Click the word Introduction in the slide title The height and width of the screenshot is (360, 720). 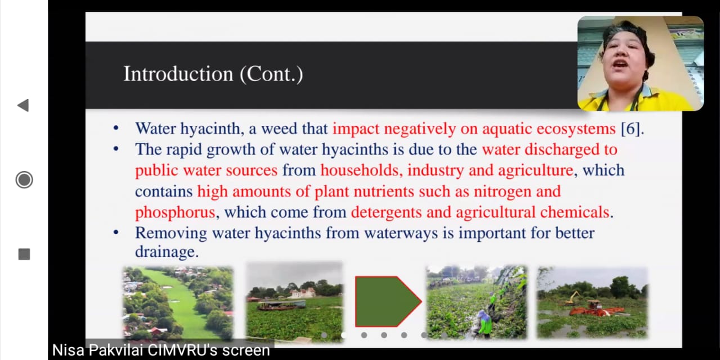pos(178,74)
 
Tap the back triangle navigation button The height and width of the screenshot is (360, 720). pos(23,105)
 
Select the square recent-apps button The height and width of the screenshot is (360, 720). pos(24,254)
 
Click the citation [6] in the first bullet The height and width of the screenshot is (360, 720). pos(631,129)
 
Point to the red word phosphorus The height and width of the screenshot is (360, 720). pos(175,213)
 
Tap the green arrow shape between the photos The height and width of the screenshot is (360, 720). pos(388,301)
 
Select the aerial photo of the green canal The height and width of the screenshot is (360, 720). pos(178,303)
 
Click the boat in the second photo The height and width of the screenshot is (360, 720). pos(281,305)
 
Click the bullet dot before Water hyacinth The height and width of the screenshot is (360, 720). pos(116,129)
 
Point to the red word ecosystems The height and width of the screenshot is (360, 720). pos(576,129)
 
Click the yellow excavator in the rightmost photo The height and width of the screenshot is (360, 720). pos(573,298)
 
